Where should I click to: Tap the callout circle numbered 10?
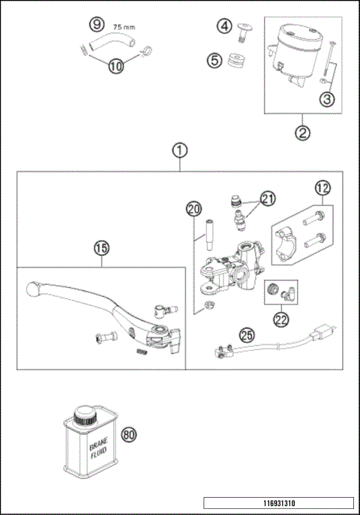click(115, 65)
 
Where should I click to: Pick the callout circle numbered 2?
click(302, 134)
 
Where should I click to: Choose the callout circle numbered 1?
click(179, 150)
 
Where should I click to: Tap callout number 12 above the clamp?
click(322, 188)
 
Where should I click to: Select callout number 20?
click(194, 209)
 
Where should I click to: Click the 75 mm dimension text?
click(124, 26)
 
